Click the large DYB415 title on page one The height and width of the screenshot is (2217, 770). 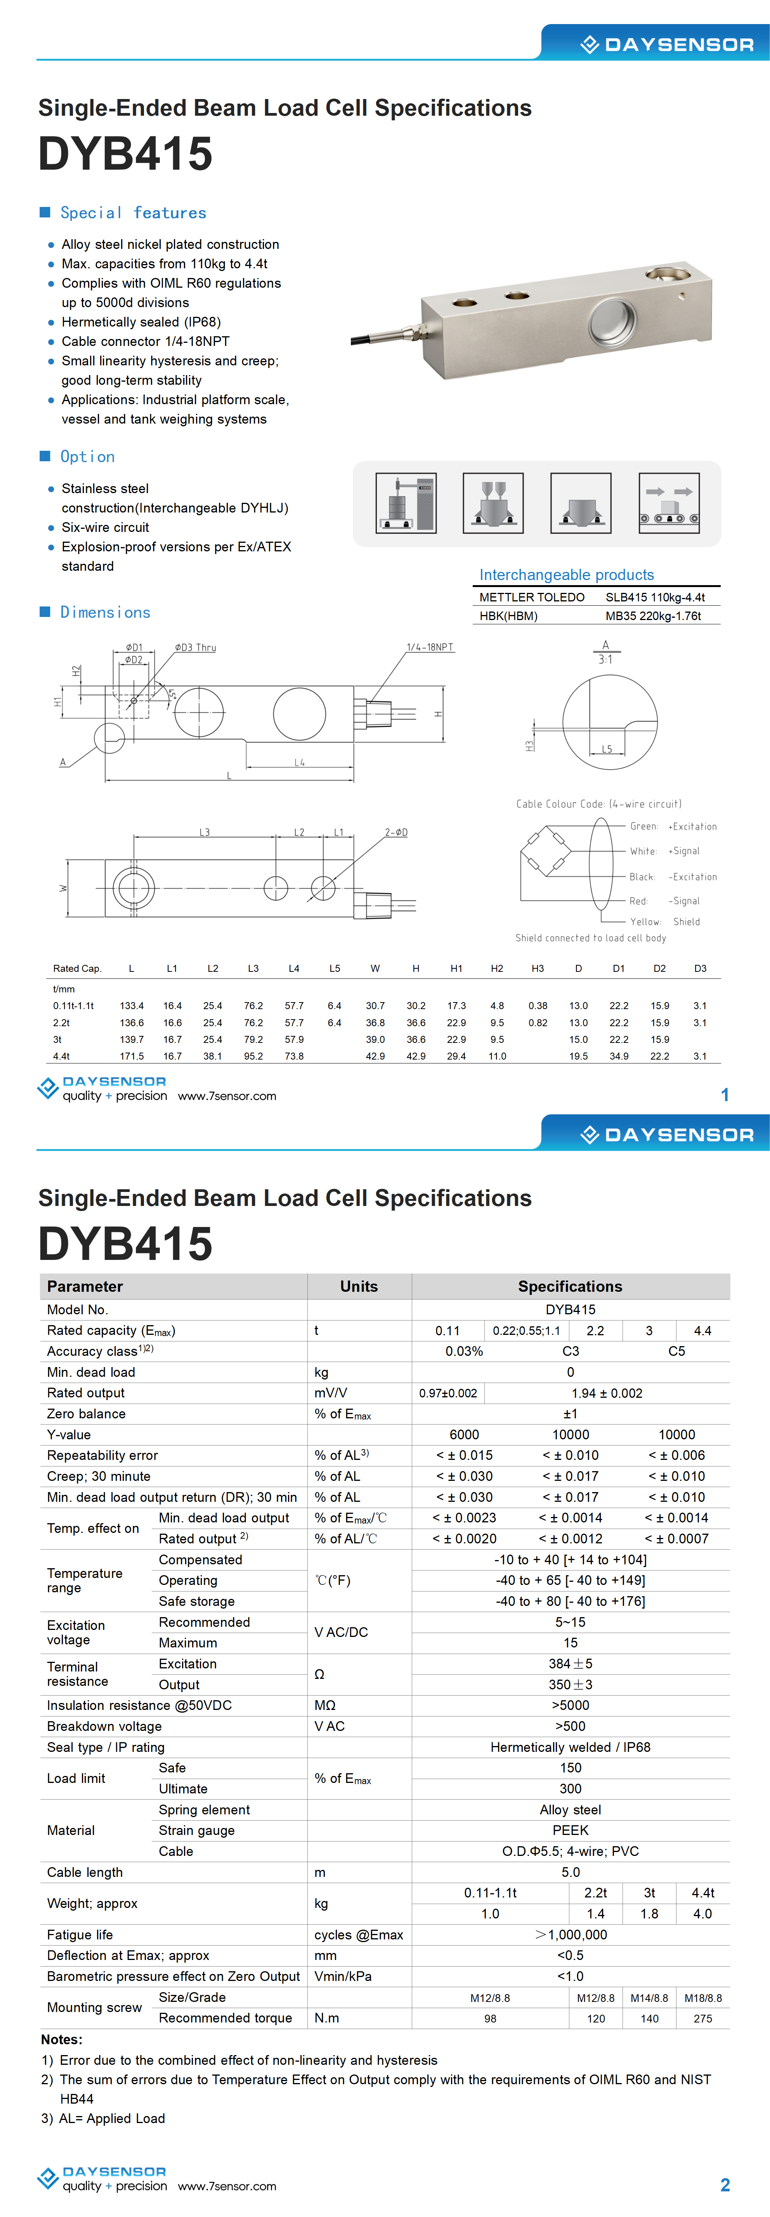126,154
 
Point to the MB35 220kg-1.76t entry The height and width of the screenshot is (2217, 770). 653,616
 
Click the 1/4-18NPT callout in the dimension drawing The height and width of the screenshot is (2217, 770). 429,647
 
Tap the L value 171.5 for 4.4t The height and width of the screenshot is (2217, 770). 132,1056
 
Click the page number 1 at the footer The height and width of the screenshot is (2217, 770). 725,1095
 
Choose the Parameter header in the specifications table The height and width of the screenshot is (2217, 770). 85,1287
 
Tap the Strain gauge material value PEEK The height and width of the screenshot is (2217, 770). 571,1831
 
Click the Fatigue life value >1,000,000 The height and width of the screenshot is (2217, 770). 571,1935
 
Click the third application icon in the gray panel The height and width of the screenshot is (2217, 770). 581,504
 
